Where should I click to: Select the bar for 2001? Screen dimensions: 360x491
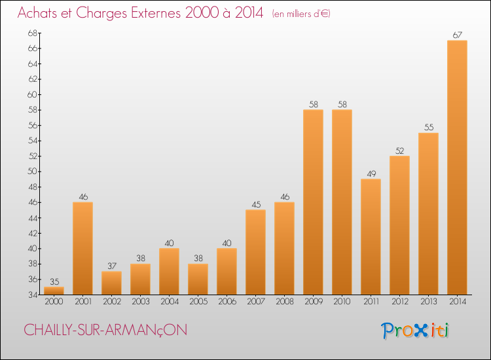click(82, 248)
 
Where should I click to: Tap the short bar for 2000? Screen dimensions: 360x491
click(54, 291)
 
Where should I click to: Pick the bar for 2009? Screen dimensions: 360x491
click(313, 202)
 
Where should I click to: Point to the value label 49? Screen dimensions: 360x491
click(371, 173)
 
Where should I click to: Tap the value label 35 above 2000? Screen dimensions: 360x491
click(54, 281)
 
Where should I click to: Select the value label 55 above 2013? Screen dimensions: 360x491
click(428, 128)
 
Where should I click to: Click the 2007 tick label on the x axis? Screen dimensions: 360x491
click(255, 302)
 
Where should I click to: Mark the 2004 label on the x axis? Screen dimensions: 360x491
click(169, 302)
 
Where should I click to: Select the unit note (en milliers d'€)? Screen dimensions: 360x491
click(300, 14)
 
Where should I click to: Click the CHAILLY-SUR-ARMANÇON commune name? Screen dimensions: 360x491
click(105, 331)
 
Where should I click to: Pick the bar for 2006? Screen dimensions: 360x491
click(227, 272)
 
